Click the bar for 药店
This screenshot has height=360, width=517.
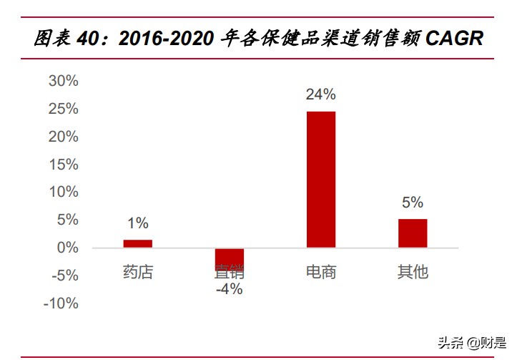[x=137, y=243]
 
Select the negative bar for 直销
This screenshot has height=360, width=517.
[x=229, y=258]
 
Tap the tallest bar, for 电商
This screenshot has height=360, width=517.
[x=320, y=180]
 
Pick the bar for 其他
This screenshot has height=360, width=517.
[x=412, y=233]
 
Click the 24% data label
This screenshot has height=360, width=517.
[x=320, y=94]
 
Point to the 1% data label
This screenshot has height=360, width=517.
[x=137, y=223]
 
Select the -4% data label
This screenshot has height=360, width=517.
[x=229, y=289]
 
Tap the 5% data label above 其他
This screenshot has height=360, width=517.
[x=412, y=203]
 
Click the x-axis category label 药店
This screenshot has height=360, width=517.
[x=137, y=272]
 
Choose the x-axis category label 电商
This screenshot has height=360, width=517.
[x=320, y=272]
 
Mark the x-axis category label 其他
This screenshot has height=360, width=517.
[x=412, y=272]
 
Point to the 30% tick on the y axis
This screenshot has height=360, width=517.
[x=63, y=81]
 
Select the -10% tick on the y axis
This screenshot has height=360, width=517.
[x=61, y=303]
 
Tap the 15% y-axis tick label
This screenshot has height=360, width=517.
[x=63, y=165]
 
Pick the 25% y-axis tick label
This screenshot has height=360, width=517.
[x=63, y=109]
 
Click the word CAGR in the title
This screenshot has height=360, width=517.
[x=454, y=39]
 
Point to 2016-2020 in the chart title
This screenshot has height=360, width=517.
[x=165, y=39]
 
